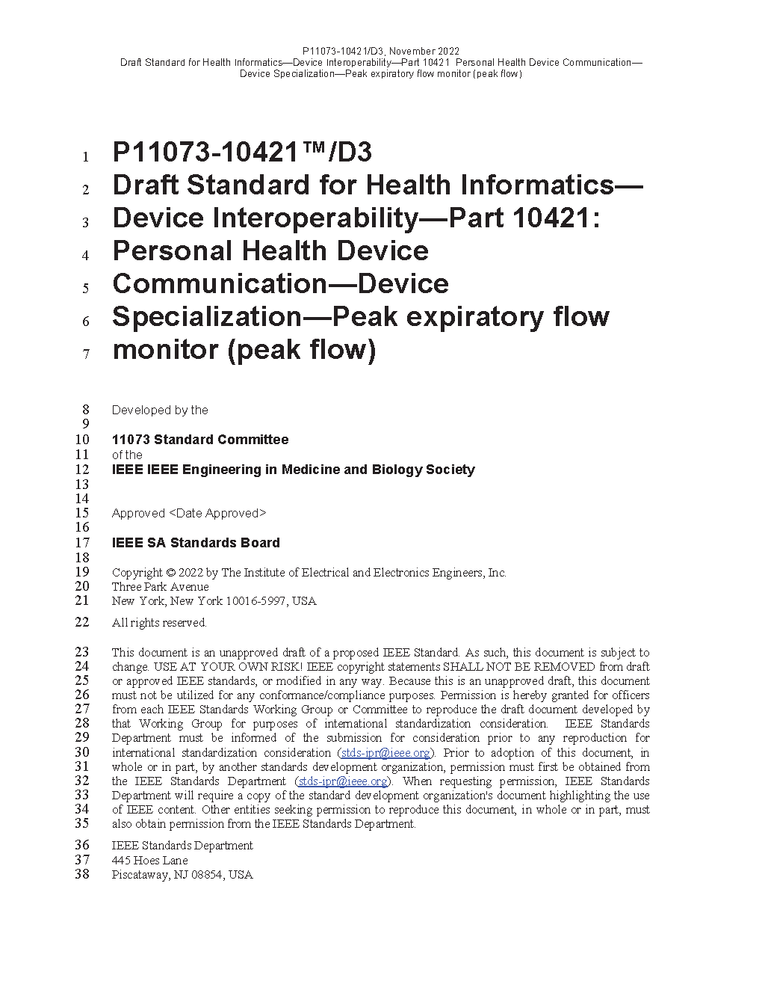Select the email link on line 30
[385, 753]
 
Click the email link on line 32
[343, 781]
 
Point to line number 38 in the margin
[81, 874]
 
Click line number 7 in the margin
[86, 354]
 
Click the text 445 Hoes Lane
[149, 861]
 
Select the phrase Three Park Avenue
[160, 587]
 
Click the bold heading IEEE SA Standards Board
[196, 543]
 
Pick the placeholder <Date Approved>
[217, 513]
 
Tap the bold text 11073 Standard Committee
[200, 440]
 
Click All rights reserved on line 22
[159, 623]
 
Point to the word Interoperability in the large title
[265, 218]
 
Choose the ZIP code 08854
[207, 875]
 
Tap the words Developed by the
[160, 410]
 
